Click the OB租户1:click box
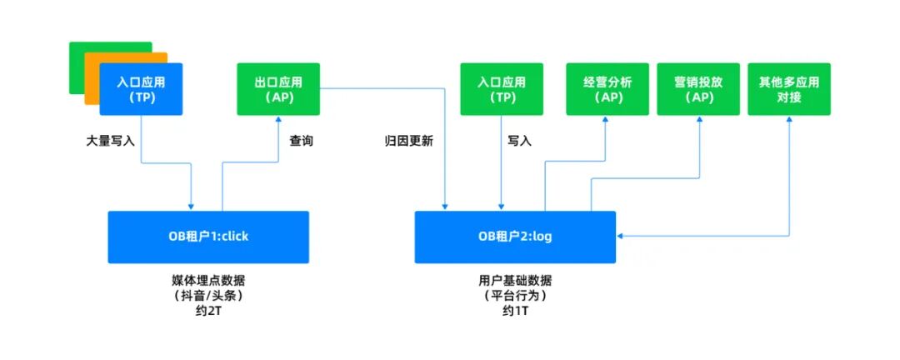pyautogui.click(x=208, y=236)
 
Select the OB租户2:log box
pyautogui.click(x=515, y=236)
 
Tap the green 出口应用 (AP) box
pyautogui.click(x=278, y=89)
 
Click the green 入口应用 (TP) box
pyautogui.click(x=501, y=89)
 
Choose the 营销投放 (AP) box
pyautogui.click(x=698, y=89)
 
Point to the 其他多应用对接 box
pyautogui.click(x=788, y=89)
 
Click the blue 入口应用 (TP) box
pyautogui.click(x=140, y=90)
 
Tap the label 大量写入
pyautogui.click(x=111, y=141)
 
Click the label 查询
pyautogui.click(x=301, y=141)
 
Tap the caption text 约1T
pyautogui.click(x=516, y=311)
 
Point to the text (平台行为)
pyautogui.click(x=516, y=296)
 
